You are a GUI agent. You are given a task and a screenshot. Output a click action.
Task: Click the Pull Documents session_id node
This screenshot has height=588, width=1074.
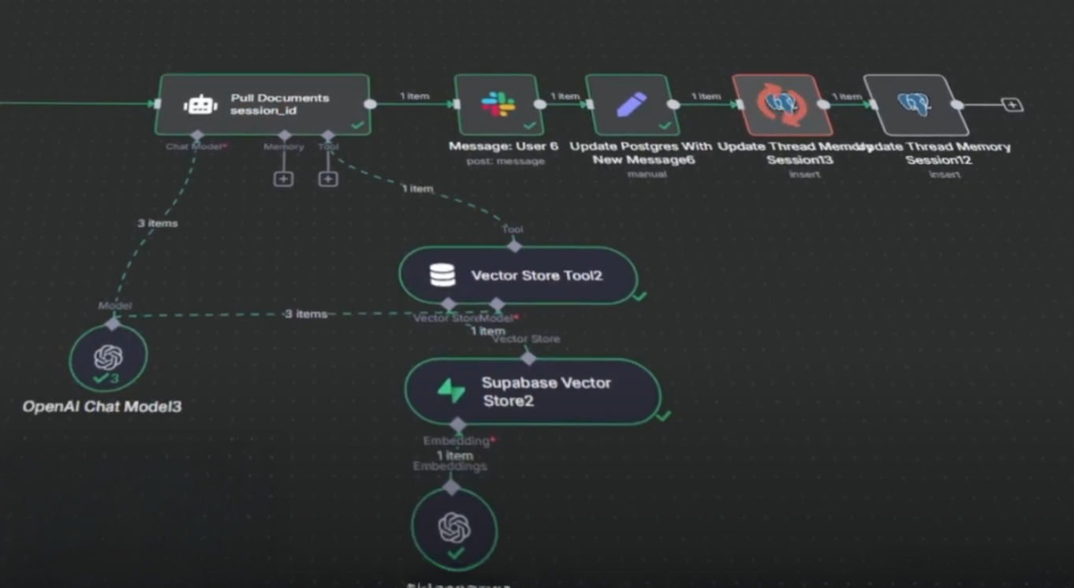263,104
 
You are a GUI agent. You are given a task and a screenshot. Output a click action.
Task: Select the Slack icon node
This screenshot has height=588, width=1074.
498,104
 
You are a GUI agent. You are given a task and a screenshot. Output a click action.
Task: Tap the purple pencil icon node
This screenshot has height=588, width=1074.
632,104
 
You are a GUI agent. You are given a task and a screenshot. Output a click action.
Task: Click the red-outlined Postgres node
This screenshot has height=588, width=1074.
781,104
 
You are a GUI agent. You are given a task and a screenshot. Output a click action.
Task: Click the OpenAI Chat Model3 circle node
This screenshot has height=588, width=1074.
108,358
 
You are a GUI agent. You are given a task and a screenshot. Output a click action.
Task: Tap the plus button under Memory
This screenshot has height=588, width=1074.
283,179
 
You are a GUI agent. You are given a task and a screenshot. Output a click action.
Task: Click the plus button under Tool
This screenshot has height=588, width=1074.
328,179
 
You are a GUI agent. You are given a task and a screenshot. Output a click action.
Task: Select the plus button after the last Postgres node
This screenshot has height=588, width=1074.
1012,104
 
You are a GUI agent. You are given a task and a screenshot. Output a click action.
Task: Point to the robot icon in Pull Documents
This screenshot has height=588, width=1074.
200,104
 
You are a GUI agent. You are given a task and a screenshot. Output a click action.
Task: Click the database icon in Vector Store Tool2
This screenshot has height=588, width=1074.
442,275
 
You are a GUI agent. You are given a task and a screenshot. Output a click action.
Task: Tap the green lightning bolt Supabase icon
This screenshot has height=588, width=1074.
451,391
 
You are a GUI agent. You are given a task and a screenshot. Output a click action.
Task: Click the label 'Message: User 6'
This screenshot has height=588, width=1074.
503,147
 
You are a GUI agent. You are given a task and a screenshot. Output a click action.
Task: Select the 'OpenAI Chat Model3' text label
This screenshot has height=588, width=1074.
102,407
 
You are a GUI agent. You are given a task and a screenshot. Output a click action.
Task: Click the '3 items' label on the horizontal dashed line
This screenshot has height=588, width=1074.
305,314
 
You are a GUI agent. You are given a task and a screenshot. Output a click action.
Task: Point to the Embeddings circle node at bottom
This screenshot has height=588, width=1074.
454,529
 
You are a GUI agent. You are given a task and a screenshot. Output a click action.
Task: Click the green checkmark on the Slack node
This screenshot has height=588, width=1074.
529,125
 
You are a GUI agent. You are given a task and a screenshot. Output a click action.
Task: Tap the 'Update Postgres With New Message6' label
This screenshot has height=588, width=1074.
640,153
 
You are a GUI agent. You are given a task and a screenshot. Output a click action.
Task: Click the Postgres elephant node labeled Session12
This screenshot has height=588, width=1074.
915,104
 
